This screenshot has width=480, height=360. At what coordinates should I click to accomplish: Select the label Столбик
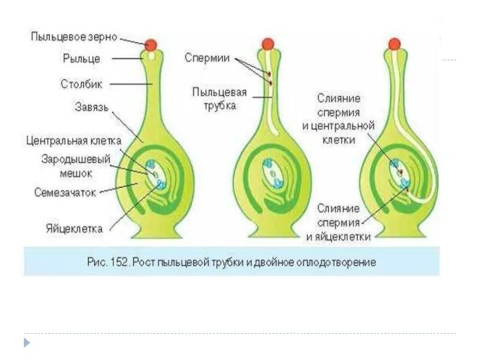click(82, 84)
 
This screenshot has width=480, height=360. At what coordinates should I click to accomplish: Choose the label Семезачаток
click(66, 192)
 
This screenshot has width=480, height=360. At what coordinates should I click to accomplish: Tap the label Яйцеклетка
click(74, 229)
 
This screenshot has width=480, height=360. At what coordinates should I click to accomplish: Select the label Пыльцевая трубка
click(214, 98)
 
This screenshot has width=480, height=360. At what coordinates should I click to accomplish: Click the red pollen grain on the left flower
click(151, 44)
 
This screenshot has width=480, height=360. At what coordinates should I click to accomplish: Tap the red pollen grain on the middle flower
click(268, 44)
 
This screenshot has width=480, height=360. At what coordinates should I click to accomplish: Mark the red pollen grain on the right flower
click(394, 44)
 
